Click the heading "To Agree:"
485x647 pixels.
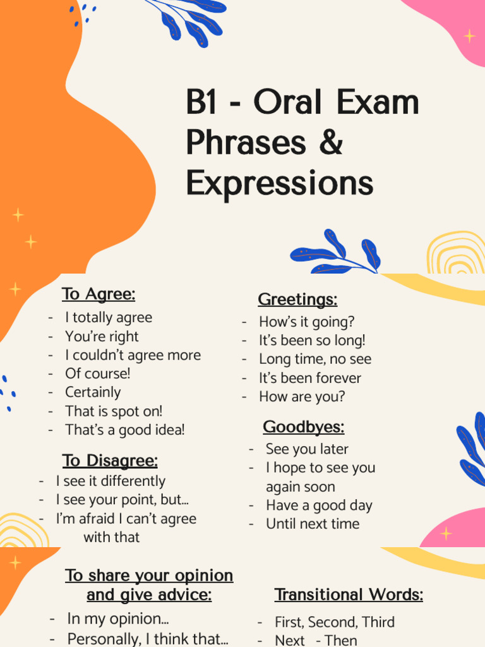(x=99, y=294)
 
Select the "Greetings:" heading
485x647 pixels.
(x=297, y=299)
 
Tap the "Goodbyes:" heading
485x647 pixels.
(x=304, y=427)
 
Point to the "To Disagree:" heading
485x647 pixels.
(x=110, y=461)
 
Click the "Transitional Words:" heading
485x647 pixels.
(x=349, y=595)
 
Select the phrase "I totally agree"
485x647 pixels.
(x=109, y=317)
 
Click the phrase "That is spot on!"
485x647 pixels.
(x=114, y=411)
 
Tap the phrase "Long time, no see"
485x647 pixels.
(x=315, y=359)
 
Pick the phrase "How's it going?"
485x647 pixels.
(x=307, y=322)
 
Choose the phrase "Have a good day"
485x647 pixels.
(x=319, y=505)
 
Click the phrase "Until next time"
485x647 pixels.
(x=313, y=524)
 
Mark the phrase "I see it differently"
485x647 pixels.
(x=111, y=481)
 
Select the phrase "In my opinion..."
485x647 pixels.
(x=118, y=619)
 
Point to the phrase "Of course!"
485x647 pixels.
(x=98, y=373)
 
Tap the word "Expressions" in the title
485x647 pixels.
(x=280, y=183)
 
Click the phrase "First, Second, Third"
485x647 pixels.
(x=335, y=622)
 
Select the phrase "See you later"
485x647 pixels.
(x=307, y=449)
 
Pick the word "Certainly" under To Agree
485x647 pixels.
(x=93, y=392)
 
